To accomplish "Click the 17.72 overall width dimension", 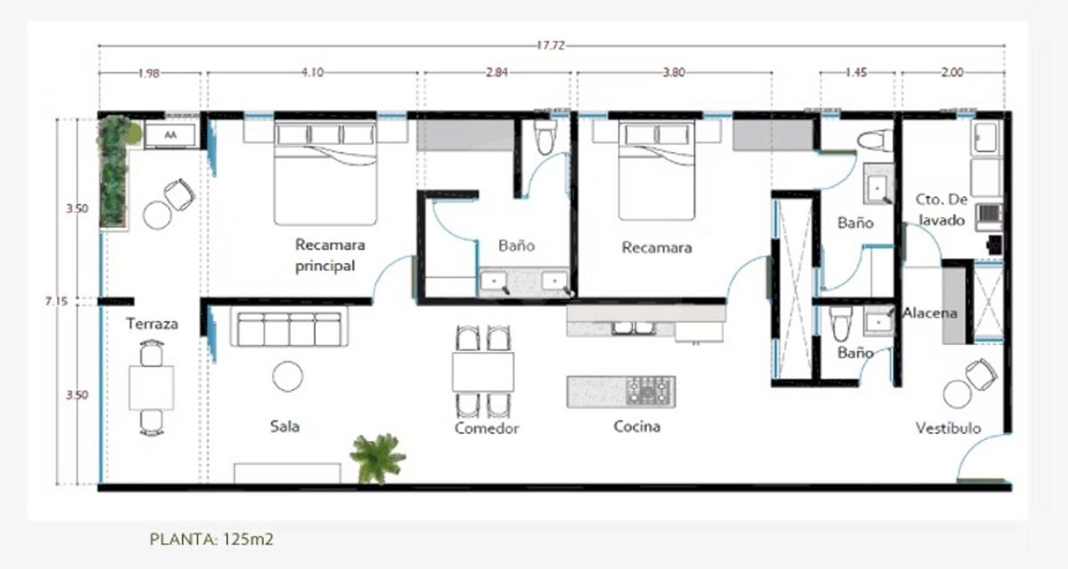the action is click(551, 45).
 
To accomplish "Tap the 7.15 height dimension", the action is click(56, 301).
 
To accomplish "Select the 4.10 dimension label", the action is click(312, 72).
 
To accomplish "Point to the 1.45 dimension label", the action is click(856, 72).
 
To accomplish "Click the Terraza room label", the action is click(152, 324).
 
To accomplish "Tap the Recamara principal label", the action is click(330, 255).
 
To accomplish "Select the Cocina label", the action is click(637, 426).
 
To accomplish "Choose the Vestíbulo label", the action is click(949, 428).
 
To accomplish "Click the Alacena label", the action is click(930, 313).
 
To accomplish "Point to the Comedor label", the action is click(487, 428).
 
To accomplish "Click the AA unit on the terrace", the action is click(171, 135).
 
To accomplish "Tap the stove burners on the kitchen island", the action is click(650, 391).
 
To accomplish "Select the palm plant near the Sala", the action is click(378, 458).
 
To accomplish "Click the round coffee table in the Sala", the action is click(287, 376).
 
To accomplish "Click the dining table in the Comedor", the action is click(483, 372).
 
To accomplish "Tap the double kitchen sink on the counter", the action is click(634, 327).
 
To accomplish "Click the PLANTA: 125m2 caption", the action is click(212, 540).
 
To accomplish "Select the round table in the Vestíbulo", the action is click(958, 394).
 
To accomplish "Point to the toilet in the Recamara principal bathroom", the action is click(545, 137).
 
